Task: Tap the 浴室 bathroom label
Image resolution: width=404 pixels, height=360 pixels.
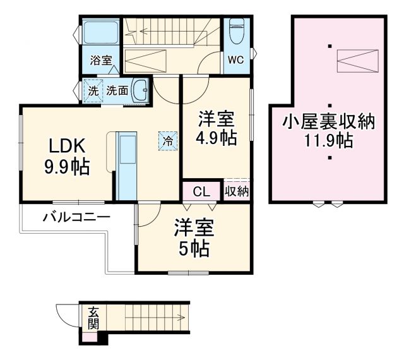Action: pyautogui.click(x=101, y=61)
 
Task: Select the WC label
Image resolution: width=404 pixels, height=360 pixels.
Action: pyautogui.click(x=235, y=61)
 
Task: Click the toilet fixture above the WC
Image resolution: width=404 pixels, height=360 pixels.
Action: pyautogui.click(x=236, y=32)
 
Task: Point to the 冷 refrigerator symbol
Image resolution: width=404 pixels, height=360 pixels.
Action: pyautogui.click(x=168, y=141)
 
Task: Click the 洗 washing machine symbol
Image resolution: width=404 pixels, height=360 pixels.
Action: pyautogui.click(x=93, y=91)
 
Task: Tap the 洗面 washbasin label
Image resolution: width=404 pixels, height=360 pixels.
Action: pyautogui.click(x=117, y=91)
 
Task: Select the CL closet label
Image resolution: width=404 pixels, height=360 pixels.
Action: pyautogui.click(x=201, y=191)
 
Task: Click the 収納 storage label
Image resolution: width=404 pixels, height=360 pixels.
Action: pyautogui.click(x=236, y=191)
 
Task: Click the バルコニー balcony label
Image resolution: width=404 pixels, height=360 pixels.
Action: pyautogui.click(x=76, y=217)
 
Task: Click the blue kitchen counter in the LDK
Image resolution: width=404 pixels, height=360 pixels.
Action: pyautogui.click(x=127, y=166)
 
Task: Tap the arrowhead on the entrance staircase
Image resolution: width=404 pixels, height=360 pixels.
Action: pyautogui.click(x=184, y=318)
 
